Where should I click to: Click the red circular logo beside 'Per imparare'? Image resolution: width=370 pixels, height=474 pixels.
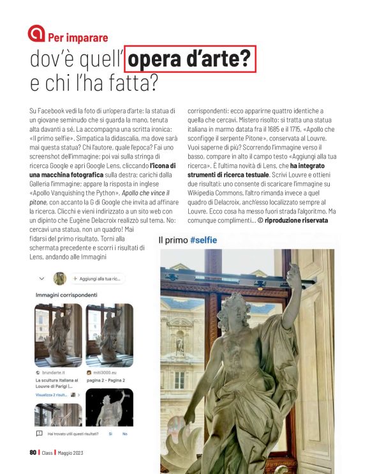click(x=37, y=34)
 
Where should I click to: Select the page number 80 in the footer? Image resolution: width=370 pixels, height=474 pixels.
click(x=33, y=453)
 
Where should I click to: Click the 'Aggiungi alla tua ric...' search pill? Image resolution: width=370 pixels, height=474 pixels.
click(x=98, y=279)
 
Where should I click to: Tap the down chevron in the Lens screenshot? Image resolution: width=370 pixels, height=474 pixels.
click(x=41, y=279)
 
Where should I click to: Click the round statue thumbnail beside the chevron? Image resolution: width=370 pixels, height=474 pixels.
click(x=60, y=279)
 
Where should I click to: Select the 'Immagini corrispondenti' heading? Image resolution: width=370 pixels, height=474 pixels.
click(x=66, y=295)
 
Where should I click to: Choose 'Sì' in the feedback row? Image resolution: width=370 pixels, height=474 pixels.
click(x=110, y=434)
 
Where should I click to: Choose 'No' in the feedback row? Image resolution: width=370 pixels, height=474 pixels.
click(x=124, y=434)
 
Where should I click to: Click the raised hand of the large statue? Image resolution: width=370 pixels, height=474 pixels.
click(x=294, y=273)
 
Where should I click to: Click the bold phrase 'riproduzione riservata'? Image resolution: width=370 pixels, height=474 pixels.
click(x=298, y=220)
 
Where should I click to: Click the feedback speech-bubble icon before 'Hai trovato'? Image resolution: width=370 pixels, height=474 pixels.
click(x=40, y=434)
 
